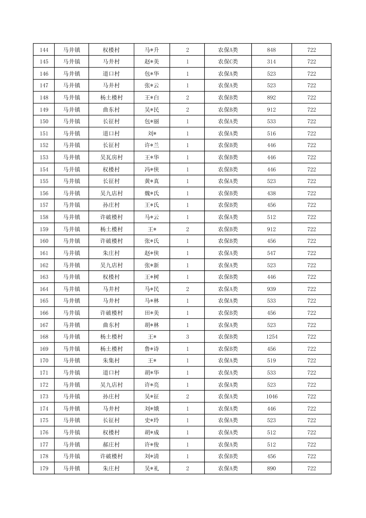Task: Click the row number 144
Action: [44, 50]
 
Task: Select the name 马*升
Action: [152, 50]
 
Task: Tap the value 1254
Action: [272, 337]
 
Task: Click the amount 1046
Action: [272, 396]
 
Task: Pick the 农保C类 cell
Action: [228, 62]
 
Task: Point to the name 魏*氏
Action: [152, 193]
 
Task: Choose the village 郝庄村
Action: [111, 444]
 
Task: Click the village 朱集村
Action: [111, 361]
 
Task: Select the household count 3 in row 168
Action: [187, 337]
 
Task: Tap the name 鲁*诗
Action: [152, 349]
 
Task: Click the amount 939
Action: [271, 289]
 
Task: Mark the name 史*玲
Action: [152, 420]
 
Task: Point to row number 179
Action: [44, 468]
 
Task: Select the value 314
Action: [271, 62]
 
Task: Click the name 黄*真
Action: [152, 181]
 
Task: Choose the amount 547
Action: [271, 253]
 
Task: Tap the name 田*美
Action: [152, 313]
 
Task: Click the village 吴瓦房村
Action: [111, 157]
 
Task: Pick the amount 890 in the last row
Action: [271, 468]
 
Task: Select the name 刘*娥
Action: [152, 409]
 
